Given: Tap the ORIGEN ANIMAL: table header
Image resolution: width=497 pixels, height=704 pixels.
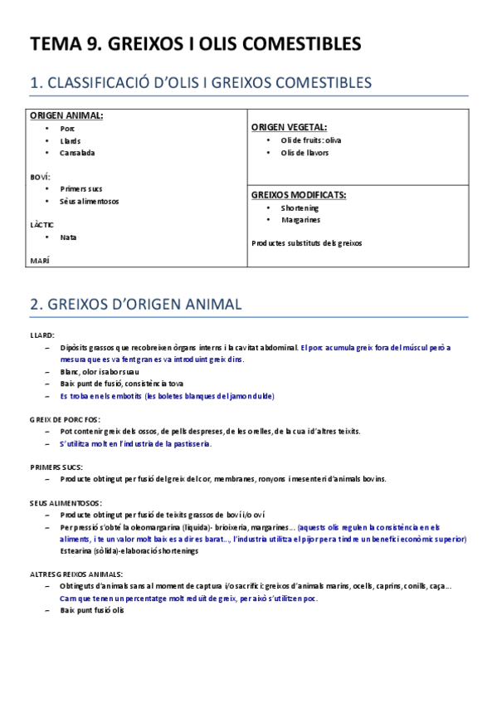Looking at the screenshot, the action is pos(67,115).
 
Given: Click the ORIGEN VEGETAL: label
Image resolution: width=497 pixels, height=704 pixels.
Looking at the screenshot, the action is pos(289,127).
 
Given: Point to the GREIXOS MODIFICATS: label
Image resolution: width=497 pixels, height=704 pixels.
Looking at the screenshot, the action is pos(299,194).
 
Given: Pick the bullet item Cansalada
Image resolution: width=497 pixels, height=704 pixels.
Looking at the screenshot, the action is pos(77,153).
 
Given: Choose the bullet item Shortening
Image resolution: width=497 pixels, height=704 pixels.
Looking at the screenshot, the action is pos(300,208).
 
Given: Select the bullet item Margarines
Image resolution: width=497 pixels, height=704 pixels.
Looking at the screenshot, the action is pos(300,220).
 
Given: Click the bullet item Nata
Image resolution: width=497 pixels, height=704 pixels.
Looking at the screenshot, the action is pos(68,237).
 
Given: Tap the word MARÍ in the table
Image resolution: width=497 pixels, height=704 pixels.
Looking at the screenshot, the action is pos(39,261).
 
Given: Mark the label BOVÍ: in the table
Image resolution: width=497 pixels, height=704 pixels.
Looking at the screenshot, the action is pos(40,177).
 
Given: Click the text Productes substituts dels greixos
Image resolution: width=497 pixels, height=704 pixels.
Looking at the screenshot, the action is pos(306,243).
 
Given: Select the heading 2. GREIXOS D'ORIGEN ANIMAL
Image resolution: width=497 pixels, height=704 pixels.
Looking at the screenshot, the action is pos(135,305).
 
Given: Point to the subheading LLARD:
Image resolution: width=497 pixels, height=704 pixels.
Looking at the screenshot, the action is pos(41,335).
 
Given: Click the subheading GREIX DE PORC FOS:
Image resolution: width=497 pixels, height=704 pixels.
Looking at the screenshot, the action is pos(65,419).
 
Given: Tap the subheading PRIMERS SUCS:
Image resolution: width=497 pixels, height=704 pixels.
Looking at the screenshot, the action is pos(55,467).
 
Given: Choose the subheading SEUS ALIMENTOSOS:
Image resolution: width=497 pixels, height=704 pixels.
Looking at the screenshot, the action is pos(66,502).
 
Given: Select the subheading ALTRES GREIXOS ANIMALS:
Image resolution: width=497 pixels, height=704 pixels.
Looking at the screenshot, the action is pos(76,574).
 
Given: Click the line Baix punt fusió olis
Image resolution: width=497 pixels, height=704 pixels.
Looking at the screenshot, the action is pos(91,610).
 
